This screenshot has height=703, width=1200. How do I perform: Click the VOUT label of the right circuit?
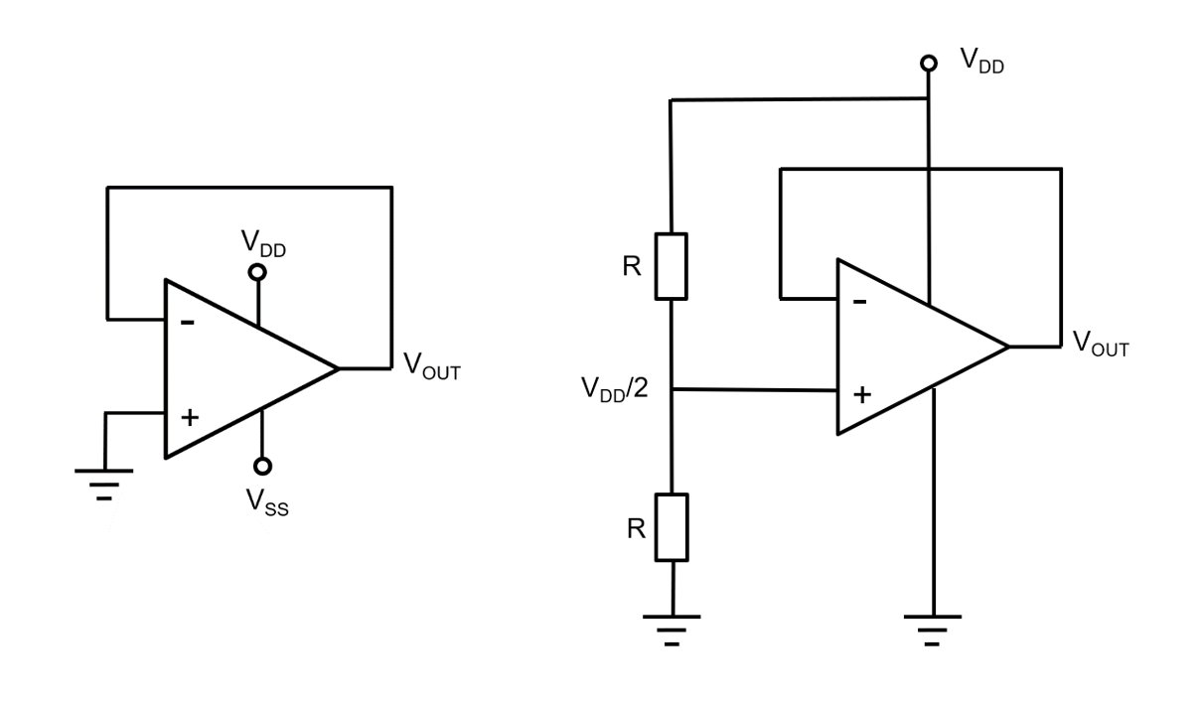[1100, 345]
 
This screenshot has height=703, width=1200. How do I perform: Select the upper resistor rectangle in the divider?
[673, 266]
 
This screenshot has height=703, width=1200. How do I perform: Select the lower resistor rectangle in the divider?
[673, 526]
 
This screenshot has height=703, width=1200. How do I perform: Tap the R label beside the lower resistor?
[636, 527]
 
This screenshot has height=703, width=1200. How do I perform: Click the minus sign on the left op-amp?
[188, 323]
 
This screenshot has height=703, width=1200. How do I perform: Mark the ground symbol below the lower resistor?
[673, 628]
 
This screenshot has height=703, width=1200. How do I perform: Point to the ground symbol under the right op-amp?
[932, 628]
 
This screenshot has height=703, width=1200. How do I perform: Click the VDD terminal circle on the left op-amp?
[258, 271]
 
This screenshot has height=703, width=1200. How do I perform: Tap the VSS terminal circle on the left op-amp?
[261, 466]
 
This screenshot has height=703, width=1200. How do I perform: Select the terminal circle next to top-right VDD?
[929, 63]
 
